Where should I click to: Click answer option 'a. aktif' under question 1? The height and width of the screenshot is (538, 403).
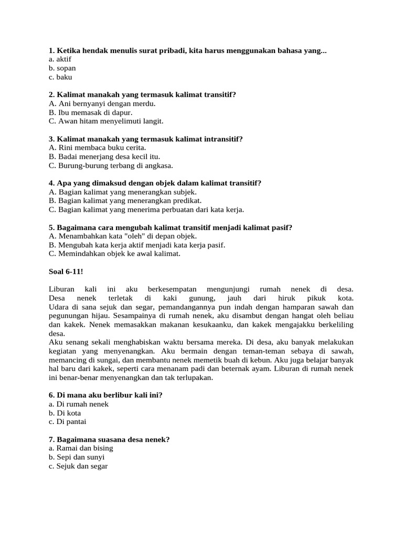[x=59, y=59]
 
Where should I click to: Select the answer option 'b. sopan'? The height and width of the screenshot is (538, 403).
[x=62, y=68]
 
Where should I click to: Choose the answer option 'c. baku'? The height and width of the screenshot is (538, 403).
[x=60, y=77]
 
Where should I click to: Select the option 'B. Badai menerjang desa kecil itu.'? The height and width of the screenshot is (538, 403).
[x=104, y=157]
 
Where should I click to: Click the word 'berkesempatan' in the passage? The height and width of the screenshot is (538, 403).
[x=172, y=289]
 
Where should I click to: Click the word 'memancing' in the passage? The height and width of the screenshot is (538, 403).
[x=66, y=360]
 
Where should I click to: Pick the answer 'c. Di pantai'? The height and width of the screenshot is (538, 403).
[x=67, y=422]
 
